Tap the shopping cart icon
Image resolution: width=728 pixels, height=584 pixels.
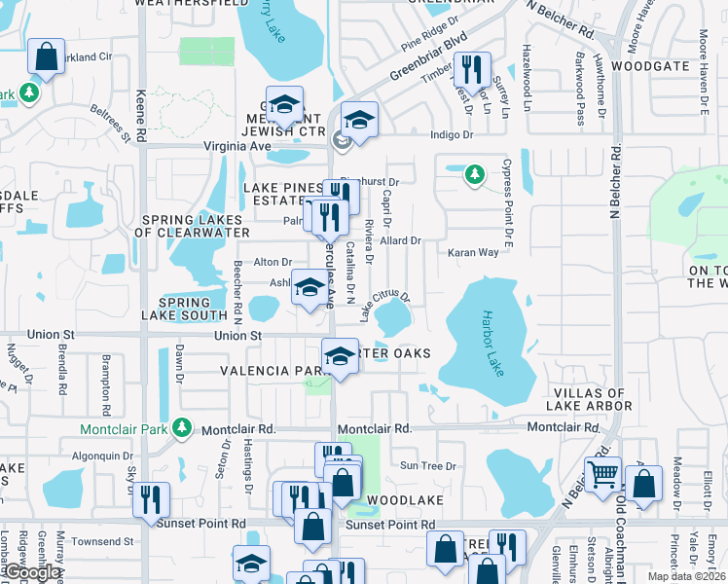(604, 475)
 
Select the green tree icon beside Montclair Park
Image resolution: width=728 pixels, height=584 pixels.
(180, 427)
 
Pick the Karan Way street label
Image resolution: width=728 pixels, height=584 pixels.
(473, 252)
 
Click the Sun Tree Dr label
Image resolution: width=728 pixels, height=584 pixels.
(427, 466)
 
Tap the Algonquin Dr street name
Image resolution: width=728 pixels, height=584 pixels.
(104, 455)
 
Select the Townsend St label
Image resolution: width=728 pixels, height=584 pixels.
(101, 540)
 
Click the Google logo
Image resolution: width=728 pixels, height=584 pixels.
(32, 573)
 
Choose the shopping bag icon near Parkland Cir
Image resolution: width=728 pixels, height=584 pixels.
(46, 57)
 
